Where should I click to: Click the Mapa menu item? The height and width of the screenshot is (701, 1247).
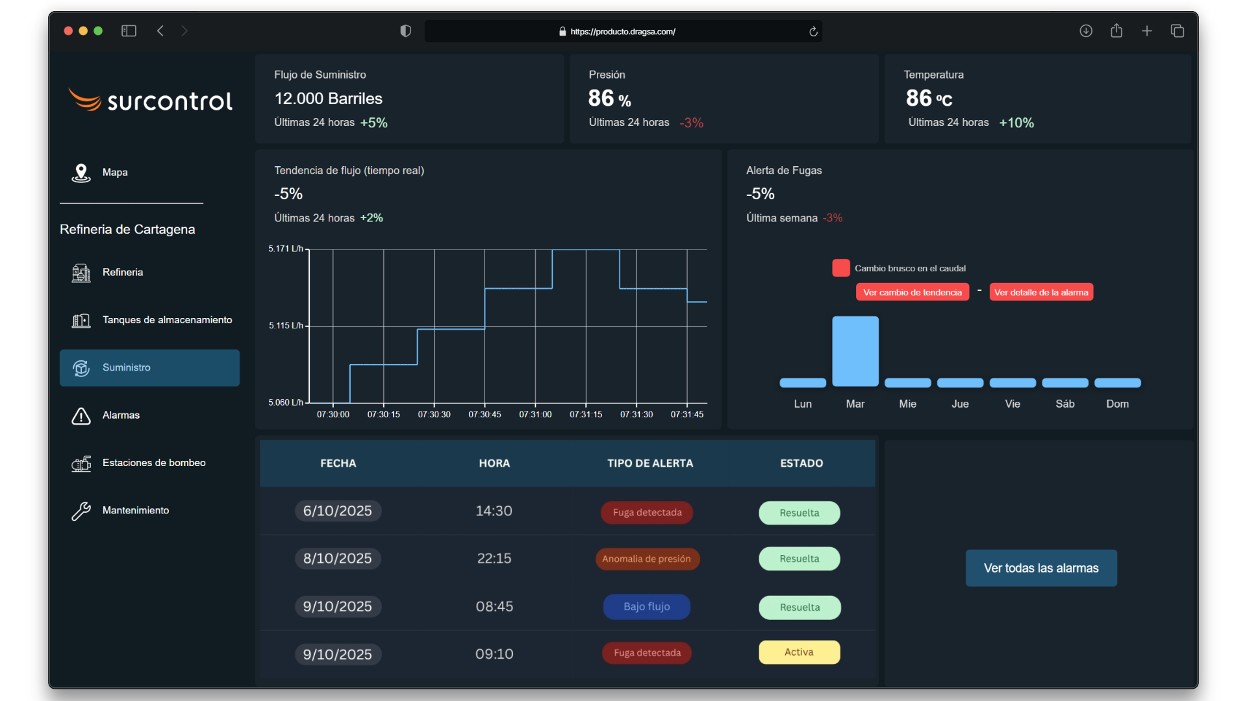pyautogui.click(x=114, y=173)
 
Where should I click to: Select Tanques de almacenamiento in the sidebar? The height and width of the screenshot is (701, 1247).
pyautogui.click(x=166, y=320)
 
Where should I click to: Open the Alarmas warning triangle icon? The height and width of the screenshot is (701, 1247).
pyautogui.click(x=81, y=416)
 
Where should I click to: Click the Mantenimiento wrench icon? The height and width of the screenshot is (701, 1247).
pyautogui.click(x=81, y=511)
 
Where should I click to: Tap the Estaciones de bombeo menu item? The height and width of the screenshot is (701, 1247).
pyautogui.click(x=153, y=463)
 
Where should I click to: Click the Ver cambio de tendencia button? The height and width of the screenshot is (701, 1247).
pyautogui.click(x=912, y=293)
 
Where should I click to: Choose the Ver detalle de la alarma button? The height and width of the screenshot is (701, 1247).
pyautogui.click(x=1040, y=293)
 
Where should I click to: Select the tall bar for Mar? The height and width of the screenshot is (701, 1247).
pyautogui.click(x=855, y=351)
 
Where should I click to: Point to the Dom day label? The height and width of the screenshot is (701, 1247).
pyautogui.click(x=1117, y=404)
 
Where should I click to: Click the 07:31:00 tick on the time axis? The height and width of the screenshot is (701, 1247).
pyautogui.click(x=535, y=414)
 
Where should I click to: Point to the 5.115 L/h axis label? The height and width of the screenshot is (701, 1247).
pyautogui.click(x=286, y=326)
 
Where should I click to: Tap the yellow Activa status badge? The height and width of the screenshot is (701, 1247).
pyautogui.click(x=799, y=652)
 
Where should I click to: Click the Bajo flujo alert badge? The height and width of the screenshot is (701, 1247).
pyautogui.click(x=646, y=607)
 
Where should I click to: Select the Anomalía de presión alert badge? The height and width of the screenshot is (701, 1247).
pyautogui.click(x=647, y=559)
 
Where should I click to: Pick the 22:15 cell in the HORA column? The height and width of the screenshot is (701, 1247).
pyautogui.click(x=494, y=559)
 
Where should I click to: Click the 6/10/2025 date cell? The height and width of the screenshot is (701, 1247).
pyautogui.click(x=338, y=511)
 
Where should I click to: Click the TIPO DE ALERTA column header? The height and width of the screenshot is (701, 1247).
pyautogui.click(x=649, y=463)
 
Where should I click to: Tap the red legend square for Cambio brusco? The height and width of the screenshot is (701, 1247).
pyautogui.click(x=840, y=268)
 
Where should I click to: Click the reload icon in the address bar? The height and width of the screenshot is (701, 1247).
pyautogui.click(x=813, y=31)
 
